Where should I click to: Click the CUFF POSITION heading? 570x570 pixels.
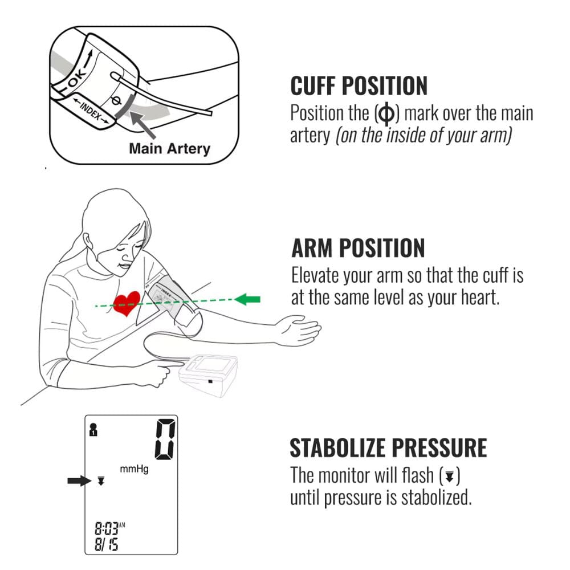[359, 85]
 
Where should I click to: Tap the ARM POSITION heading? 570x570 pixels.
[358, 248]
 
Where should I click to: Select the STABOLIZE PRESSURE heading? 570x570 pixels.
[388, 448]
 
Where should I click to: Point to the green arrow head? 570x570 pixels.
[245, 299]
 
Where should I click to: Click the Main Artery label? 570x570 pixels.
[169, 149]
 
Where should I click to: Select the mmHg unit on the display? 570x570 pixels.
[134, 470]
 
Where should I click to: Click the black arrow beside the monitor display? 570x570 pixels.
[79, 481]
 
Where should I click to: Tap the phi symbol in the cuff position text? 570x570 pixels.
[386, 114]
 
